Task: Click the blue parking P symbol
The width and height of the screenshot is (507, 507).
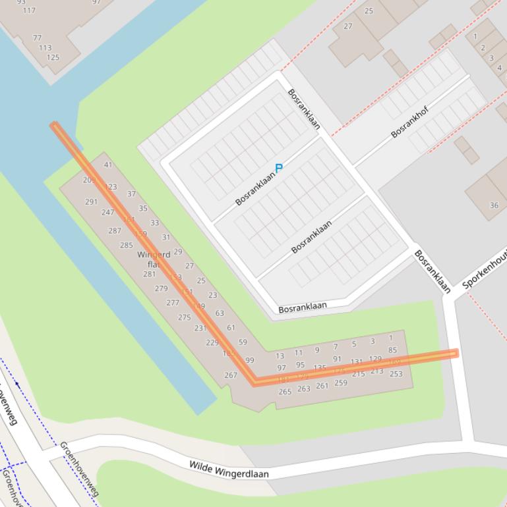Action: click(x=278, y=169)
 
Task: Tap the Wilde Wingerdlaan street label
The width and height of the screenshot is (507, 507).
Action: click(x=229, y=469)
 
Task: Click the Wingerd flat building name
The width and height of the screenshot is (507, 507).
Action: click(x=154, y=259)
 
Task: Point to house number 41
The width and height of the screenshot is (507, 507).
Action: click(x=108, y=165)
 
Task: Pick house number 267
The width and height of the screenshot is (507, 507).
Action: click(x=230, y=375)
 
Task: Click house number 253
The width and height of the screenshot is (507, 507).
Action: click(x=396, y=374)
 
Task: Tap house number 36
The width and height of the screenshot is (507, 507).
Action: click(x=494, y=205)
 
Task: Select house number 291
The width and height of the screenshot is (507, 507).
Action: click(x=91, y=202)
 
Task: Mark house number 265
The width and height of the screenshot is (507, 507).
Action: click(x=285, y=392)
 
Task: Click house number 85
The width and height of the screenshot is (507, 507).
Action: click(x=392, y=350)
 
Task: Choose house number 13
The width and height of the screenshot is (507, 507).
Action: click(x=280, y=356)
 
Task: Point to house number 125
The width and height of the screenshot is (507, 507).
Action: click(x=53, y=57)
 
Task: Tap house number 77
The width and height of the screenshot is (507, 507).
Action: click(x=37, y=38)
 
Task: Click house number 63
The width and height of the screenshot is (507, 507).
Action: click(x=220, y=313)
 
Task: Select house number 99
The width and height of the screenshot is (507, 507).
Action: click(x=249, y=360)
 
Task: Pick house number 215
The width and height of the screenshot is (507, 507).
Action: click(x=358, y=374)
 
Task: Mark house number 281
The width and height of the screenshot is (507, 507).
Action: click(x=150, y=275)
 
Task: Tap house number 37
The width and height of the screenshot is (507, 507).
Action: click(x=131, y=194)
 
